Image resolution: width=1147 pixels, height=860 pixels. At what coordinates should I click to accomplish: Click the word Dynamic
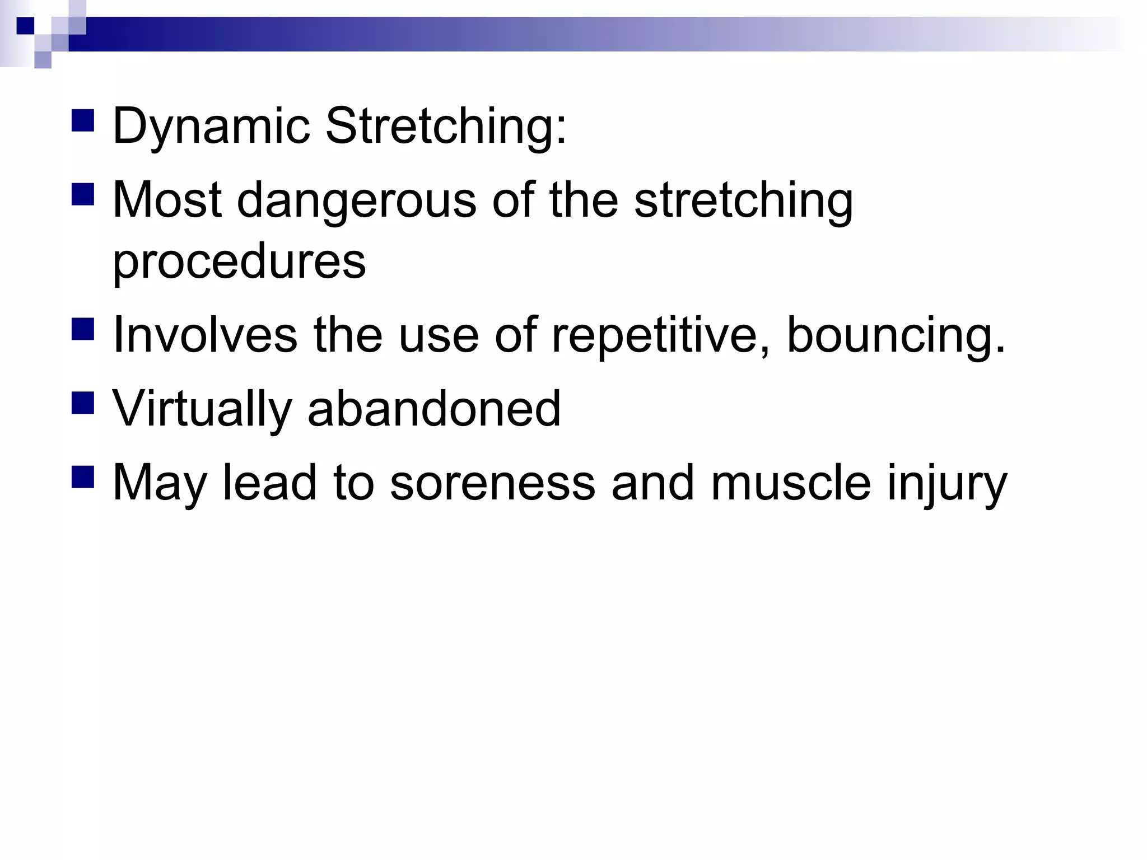click(211, 127)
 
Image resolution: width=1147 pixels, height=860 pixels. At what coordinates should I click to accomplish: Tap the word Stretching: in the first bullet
click(446, 127)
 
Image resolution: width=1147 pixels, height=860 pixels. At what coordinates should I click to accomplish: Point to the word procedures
click(239, 262)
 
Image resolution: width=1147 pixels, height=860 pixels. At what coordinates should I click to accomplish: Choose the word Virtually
click(202, 409)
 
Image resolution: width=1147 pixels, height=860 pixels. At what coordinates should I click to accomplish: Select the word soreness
click(492, 483)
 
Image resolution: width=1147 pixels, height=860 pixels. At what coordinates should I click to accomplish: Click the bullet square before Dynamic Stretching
click(83, 120)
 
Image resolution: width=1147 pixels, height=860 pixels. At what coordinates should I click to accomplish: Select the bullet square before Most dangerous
click(83, 194)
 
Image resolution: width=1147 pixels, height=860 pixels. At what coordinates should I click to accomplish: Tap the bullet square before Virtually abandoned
click(83, 403)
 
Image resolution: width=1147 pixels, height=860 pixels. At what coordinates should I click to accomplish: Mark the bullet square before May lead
click(83, 476)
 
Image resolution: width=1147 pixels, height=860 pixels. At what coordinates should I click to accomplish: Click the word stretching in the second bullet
click(743, 202)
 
